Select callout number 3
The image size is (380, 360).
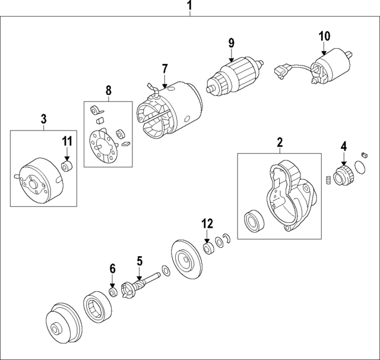pos(43,119)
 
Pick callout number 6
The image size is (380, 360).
pos(112,269)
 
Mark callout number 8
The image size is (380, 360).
pos(108,91)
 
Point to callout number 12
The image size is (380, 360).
pos(206,224)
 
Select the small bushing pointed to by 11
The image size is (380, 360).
pos(67,165)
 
